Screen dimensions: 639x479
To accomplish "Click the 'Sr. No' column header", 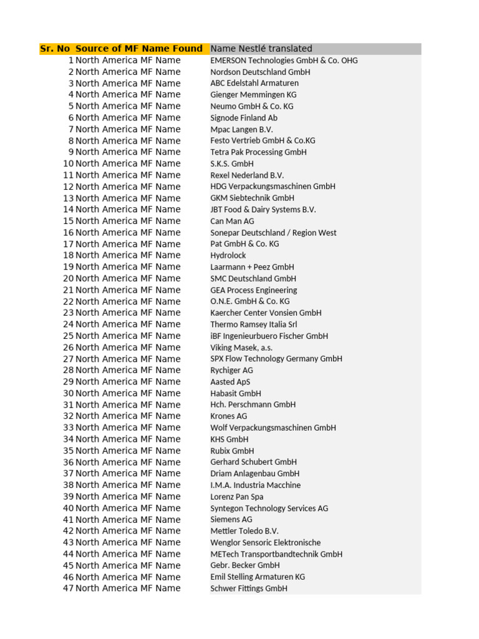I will coord(55,49).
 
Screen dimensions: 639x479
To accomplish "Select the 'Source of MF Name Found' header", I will coord(139,49).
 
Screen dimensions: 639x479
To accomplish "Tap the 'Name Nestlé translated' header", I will coord(261,49).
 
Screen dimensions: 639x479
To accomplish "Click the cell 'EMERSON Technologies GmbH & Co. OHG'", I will coord(284,61).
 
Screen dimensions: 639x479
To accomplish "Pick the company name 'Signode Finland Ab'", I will coord(244,118).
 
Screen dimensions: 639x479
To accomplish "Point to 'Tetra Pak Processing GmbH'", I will coord(258,152).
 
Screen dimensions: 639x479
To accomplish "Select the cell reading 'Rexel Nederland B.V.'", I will coord(247,175).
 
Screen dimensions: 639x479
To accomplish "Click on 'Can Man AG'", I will coord(232,221).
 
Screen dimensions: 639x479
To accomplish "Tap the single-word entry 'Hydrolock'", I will coord(228,255).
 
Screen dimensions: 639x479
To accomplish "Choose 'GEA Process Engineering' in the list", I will coord(253,290).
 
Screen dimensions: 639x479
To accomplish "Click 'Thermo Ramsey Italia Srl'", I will coord(253,324).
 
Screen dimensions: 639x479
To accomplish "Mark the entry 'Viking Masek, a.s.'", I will coord(241,348).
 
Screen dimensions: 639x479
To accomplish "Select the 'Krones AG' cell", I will coord(228,416).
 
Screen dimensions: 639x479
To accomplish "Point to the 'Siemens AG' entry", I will coord(231,519).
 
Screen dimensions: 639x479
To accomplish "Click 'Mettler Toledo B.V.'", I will coord(244,531).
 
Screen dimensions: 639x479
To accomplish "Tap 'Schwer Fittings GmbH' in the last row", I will coord(249,588).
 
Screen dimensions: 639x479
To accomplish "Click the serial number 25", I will coord(68,336).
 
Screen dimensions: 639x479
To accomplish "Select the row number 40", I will coord(68,508).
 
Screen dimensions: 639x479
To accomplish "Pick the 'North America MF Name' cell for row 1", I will coord(128,61).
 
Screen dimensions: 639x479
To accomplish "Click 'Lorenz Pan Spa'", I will coord(237,497).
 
